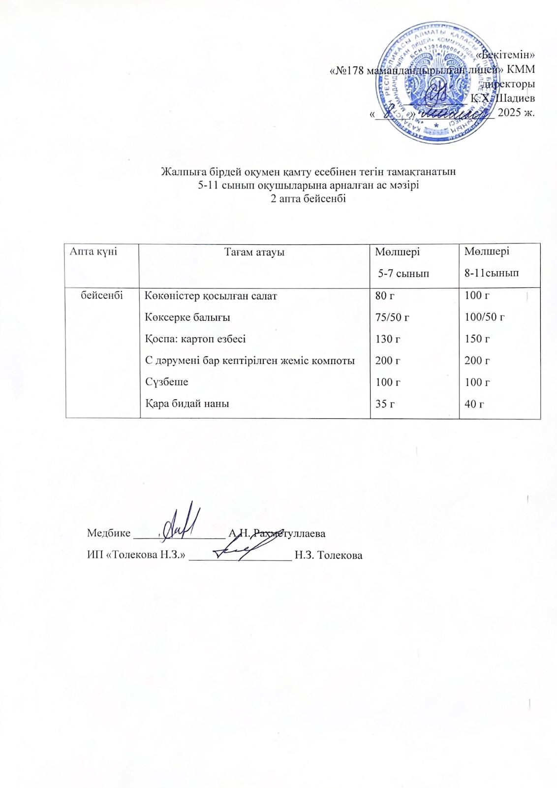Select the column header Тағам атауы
[254, 252]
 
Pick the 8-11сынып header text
[492, 273]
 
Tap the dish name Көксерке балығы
[187, 317]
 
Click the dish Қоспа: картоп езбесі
[195, 339]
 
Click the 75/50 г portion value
[392, 317]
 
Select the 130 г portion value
[388, 339]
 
